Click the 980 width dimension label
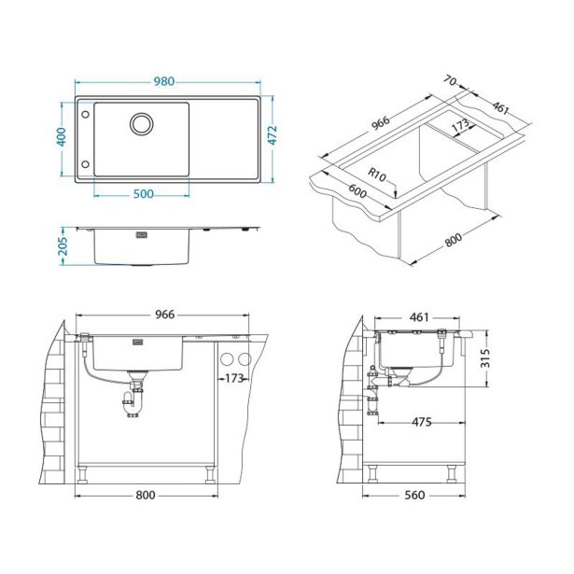[x=163, y=81]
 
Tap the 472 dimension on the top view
[x=273, y=135]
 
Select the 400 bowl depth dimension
[x=62, y=136]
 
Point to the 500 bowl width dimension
[x=143, y=193]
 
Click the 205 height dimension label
[x=63, y=245]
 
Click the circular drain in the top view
[x=141, y=124]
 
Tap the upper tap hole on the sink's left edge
[x=85, y=115]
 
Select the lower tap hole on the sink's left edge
[x=85, y=164]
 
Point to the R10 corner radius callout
[x=377, y=175]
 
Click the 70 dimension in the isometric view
[x=450, y=80]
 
